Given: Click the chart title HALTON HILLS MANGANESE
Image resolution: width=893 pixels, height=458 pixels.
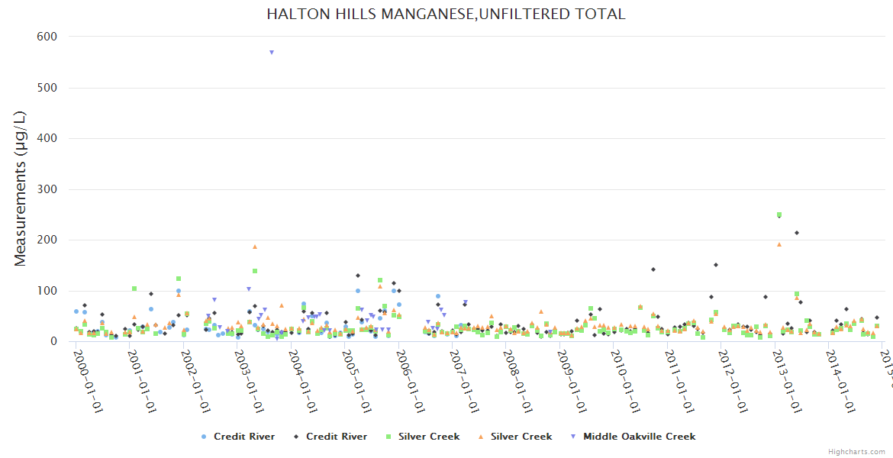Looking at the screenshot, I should (x=446, y=14).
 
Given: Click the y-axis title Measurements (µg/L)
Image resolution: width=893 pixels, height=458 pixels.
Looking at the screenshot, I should (x=21, y=189).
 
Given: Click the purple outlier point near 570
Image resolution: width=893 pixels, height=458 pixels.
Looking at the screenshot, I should (x=271, y=53).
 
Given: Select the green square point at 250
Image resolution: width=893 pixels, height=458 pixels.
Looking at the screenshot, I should (x=779, y=214).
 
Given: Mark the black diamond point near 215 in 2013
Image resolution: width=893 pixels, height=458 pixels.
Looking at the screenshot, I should (x=796, y=233).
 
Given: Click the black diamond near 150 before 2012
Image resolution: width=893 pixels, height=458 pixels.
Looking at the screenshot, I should (x=716, y=265).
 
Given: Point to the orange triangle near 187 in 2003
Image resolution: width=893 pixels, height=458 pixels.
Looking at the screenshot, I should (x=255, y=247).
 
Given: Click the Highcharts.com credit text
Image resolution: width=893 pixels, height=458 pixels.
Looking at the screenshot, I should (x=856, y=452).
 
